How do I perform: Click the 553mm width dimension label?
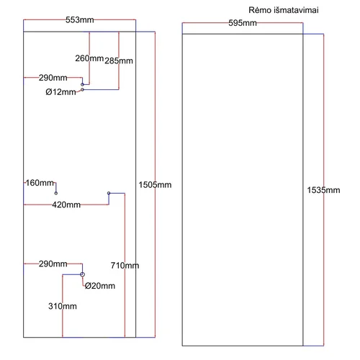(80, 20)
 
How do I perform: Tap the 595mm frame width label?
(243, 23)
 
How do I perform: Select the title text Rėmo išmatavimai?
(284, 10)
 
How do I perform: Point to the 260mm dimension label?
(89, 58)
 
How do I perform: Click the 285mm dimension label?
(119, 61)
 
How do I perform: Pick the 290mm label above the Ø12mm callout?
(53, 78)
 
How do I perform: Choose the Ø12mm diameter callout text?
(60, 92)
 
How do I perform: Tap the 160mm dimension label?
(40, 183)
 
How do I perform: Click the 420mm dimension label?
(66, 204)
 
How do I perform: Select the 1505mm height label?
(155, 185)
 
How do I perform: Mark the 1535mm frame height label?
(323, 190)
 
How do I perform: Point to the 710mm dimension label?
(125, 266)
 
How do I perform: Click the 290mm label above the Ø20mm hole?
(53, 264)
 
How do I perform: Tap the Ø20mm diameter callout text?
(100, 286)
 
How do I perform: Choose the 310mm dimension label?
(63, 306)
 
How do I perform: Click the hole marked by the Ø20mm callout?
(82, 274)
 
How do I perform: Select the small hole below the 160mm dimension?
(56, 193)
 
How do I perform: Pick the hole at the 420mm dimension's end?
(109, 193)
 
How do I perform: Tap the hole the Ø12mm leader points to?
(82, 89)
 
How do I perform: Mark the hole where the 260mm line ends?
(82, 84)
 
